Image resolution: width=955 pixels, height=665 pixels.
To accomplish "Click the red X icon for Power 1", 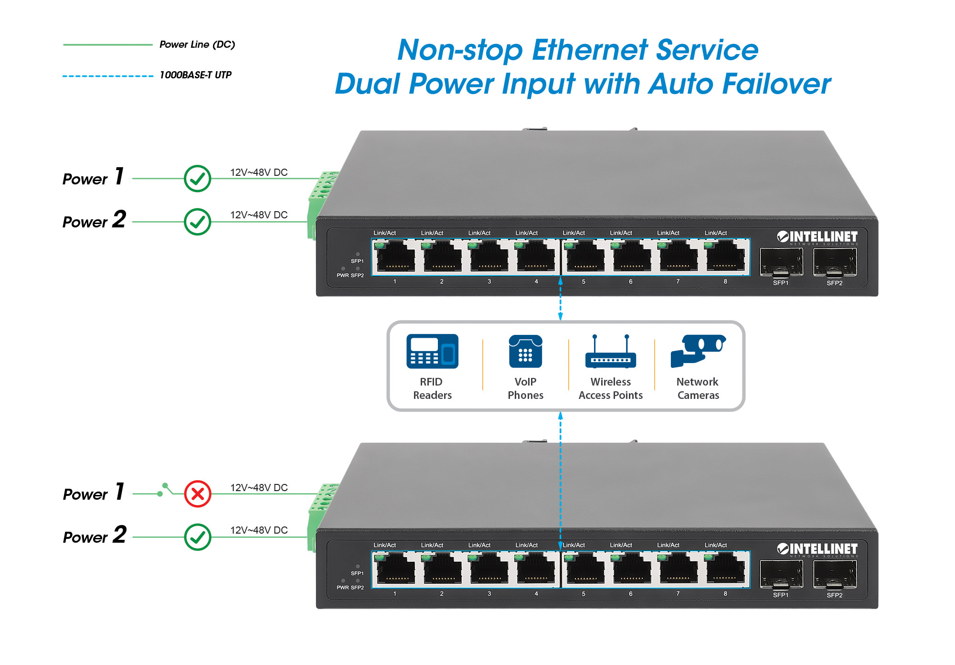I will click(x=198, y=493).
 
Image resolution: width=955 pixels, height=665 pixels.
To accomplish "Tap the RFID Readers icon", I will click(x=432, y=351).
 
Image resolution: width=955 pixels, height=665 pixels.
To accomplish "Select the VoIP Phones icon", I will click(x=525, y=351).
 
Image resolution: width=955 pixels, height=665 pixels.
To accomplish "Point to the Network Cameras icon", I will click(x=698, y=350).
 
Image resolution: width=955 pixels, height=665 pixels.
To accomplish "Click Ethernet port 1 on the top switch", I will click(x=395, y=257).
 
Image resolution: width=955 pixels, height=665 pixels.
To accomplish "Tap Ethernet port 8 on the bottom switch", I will click(x=725, y=568).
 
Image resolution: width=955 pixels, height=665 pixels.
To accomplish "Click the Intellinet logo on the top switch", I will click(x=817, y=237).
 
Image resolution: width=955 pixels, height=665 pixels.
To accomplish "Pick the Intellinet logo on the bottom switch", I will click(x=817, y=549).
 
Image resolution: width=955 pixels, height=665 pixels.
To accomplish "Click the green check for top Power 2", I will click(x=198, y=222).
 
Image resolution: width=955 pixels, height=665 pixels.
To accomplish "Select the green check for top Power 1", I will click(x=198, y=179).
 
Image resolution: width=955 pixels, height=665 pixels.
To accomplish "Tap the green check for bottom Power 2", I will click(x=198, y=537).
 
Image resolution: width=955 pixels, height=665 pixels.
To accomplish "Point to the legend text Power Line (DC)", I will click(x=197, y=44).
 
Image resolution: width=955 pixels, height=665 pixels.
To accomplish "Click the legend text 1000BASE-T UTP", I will click(x=195, y=75).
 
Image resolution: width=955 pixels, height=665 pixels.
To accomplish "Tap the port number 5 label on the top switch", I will click(x=584, y=282).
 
